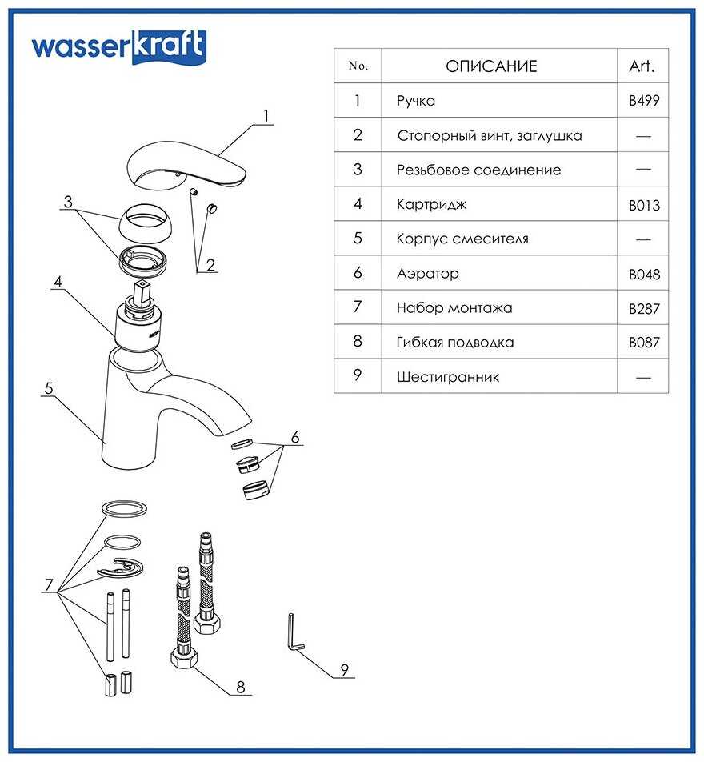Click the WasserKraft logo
point(118,46)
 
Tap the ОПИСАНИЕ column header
point(491,66)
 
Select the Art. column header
point(642,66)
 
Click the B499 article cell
point(644,102)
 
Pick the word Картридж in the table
point(431,204)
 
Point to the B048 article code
point(644,275)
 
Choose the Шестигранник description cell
point(447,376)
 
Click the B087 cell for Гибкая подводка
point(644,343)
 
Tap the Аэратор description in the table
point(428,274)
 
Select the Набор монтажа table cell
point(454,307)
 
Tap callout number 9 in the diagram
point(345,670)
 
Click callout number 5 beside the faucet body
point(49,388)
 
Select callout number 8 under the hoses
point(241,686)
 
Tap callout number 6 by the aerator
point(294,438)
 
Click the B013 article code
point(644,206)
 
